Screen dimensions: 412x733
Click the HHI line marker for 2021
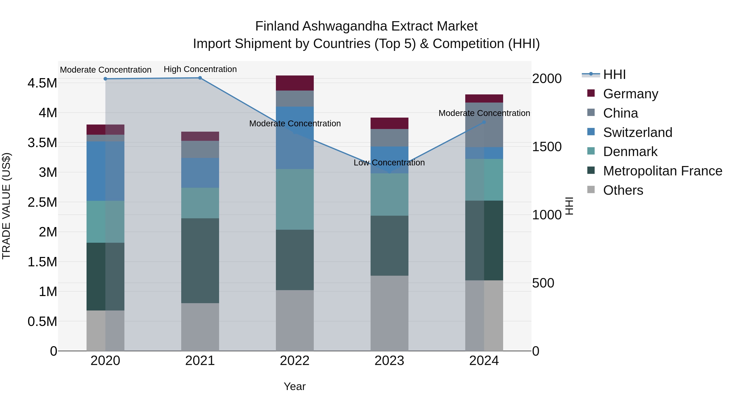pyautogui.click(x=200, y=78)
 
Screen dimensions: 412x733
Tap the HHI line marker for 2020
pyautogui.click(x=105, y=79)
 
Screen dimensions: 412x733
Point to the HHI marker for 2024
pyautogui.click(x=484, y=122)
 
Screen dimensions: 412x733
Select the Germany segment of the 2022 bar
pyautogui.click(x=295, y=83)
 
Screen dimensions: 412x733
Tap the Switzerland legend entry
pyautogui.click(x=637, y=132)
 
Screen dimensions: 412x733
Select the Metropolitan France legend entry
pyautogui.click(x=662, y=171)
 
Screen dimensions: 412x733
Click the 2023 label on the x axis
pyautogui.click(x=389, y=361)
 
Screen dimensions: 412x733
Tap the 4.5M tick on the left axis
pyautogui.click(x=42, y=83)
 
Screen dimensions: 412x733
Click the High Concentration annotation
pyautogui.click(x=200, y=69)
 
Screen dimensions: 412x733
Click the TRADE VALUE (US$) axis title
pyautogui.click(x=6, y=206)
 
